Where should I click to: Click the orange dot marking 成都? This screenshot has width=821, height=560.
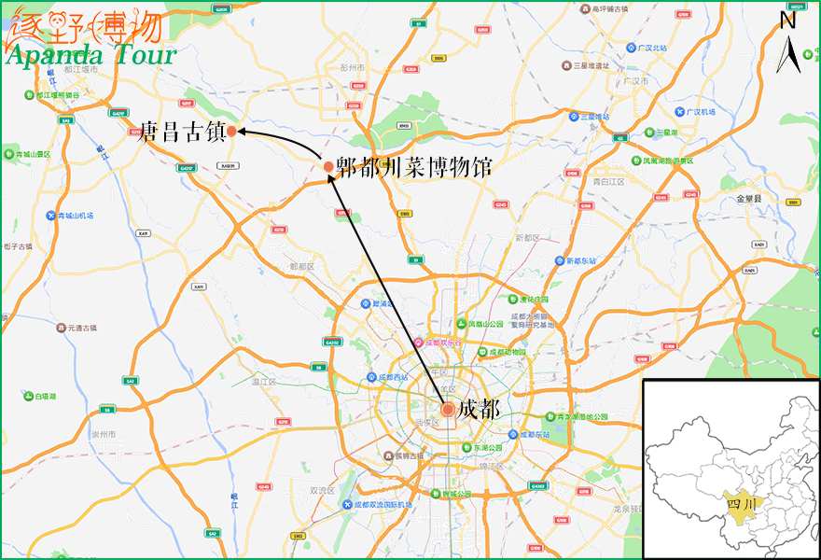click(x=448, y=409)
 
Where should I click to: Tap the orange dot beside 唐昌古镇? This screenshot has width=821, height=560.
click(x=231, y=132)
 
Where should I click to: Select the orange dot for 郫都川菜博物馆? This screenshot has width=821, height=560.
click(x=328, y=166)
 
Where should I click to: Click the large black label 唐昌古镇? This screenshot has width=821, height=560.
click(x=181, y=132)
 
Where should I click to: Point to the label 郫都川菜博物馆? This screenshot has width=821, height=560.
click(x=413, y=167)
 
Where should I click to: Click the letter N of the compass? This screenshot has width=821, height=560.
click(x=788, y=18)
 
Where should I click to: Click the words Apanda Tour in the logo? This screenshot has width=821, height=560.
click(x=90, y=54)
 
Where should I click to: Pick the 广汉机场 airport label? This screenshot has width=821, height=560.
click(x=700, y=112)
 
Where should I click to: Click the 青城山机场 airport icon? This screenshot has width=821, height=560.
click(x=51, y=216)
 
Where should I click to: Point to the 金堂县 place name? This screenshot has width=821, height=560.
click(x=749, y=199)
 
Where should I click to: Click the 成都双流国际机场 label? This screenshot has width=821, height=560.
click(x=383, y=505)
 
